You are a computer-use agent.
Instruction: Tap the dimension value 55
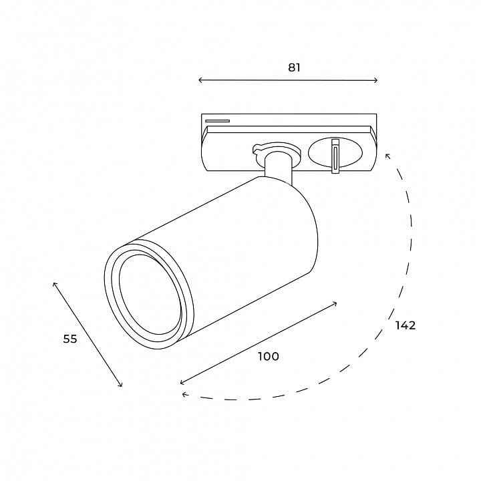(x=70, y=339)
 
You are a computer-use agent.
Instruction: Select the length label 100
(x=268, y=357)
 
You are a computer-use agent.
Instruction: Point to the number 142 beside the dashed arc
(x=405, y=325)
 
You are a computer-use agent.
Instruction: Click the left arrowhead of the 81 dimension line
(x=200, y=80)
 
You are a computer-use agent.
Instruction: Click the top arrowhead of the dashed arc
(x=387, y=156)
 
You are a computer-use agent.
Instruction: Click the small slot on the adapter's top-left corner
(x=218, y=121)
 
